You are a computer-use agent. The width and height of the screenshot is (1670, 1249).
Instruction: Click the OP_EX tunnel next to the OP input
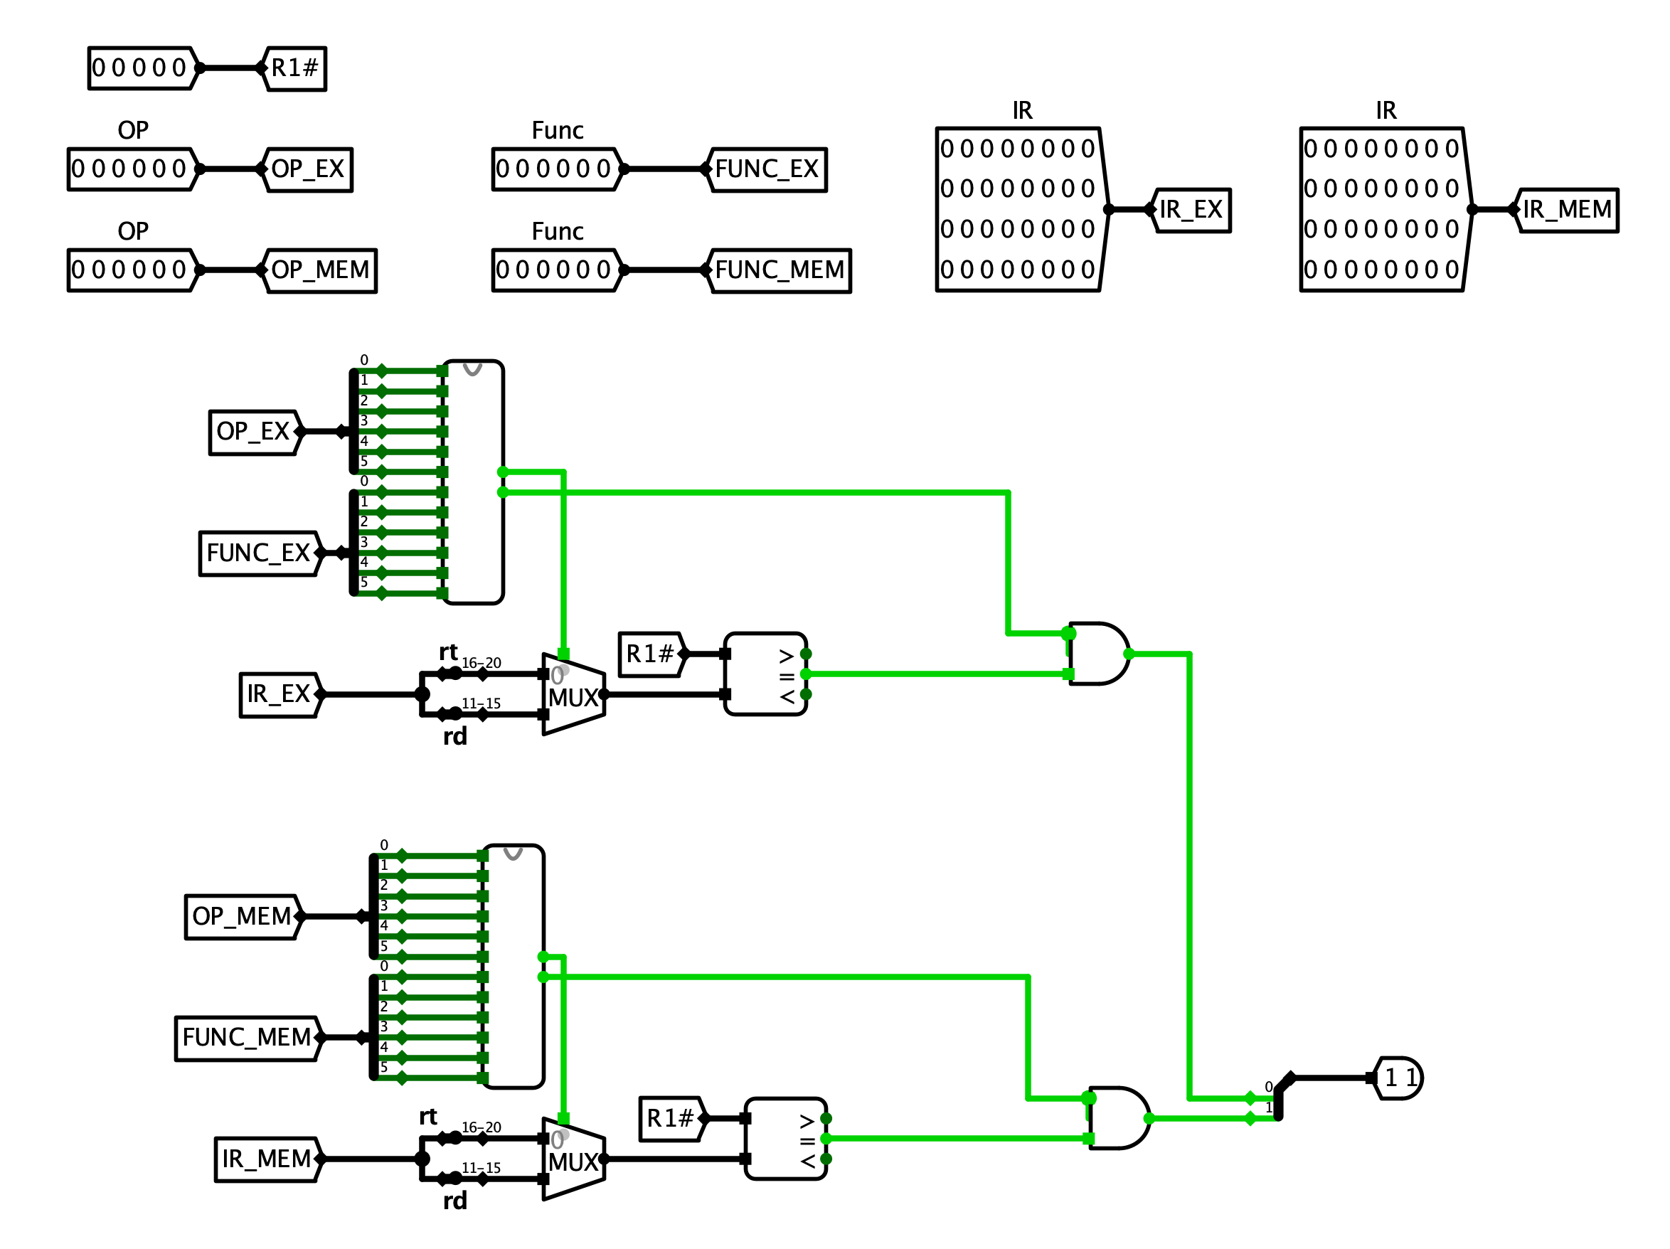307,169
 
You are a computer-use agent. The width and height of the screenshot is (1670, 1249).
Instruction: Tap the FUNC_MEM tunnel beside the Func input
780,270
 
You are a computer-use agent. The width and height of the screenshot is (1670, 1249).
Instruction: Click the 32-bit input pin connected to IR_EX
1020,209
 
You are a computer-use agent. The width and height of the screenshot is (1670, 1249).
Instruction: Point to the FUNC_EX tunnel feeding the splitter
258,553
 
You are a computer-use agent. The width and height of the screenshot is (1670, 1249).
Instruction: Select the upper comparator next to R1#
765,674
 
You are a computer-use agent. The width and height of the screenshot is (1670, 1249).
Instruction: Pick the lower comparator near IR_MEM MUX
785,1139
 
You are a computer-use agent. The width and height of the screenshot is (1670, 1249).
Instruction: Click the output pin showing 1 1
1400,1078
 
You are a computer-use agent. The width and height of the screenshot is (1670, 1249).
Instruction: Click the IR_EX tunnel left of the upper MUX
279,695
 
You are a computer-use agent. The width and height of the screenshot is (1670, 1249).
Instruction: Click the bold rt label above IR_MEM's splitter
428,1117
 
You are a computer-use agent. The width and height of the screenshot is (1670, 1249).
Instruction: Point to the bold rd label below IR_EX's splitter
454,736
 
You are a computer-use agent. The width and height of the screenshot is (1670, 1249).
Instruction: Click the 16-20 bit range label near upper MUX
481,663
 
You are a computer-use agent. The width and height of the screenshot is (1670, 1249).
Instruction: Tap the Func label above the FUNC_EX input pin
557,131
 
